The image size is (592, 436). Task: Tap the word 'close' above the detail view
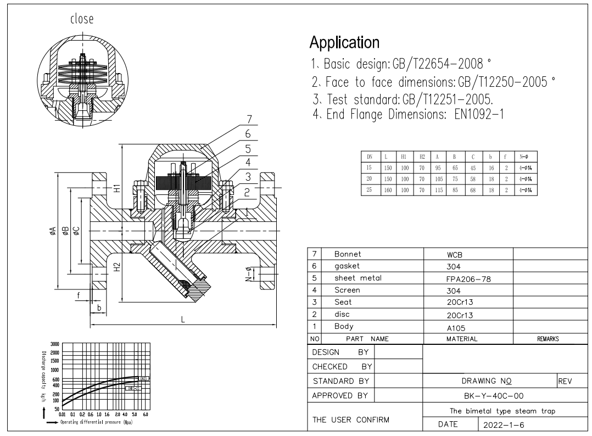click(81, 19)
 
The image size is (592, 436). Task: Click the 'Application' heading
click(344, 42)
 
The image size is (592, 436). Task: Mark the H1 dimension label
click(117, 188)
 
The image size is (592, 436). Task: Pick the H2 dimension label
click(117, 267)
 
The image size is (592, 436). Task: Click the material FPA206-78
click(464, 278)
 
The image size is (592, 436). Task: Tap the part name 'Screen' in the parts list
click(347, 290)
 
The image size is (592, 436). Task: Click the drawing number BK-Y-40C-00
click(490, 395)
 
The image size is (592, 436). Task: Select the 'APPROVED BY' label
click(339, 395)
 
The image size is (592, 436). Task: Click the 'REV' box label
click(565, 381)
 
